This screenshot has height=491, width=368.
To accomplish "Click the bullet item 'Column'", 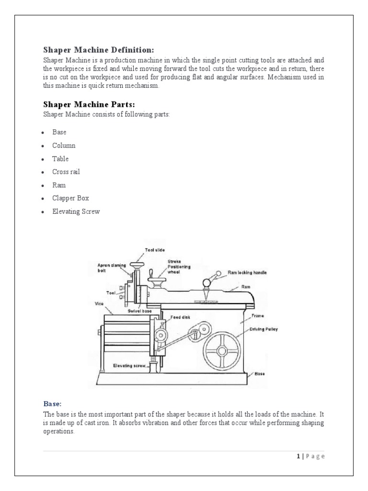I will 64,145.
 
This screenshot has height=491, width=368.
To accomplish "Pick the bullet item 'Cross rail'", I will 66,172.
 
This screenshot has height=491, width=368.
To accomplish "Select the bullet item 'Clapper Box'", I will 70,198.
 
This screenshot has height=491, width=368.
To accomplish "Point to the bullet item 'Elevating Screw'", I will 76,211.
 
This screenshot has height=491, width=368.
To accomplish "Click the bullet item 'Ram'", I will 59,185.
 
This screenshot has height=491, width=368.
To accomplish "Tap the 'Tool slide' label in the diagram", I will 154,250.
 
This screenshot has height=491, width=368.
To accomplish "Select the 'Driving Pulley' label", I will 263,329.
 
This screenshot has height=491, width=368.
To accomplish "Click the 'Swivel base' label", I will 139,311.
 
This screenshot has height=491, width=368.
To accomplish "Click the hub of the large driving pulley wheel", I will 222,351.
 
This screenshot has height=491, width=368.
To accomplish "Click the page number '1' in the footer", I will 298,456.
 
